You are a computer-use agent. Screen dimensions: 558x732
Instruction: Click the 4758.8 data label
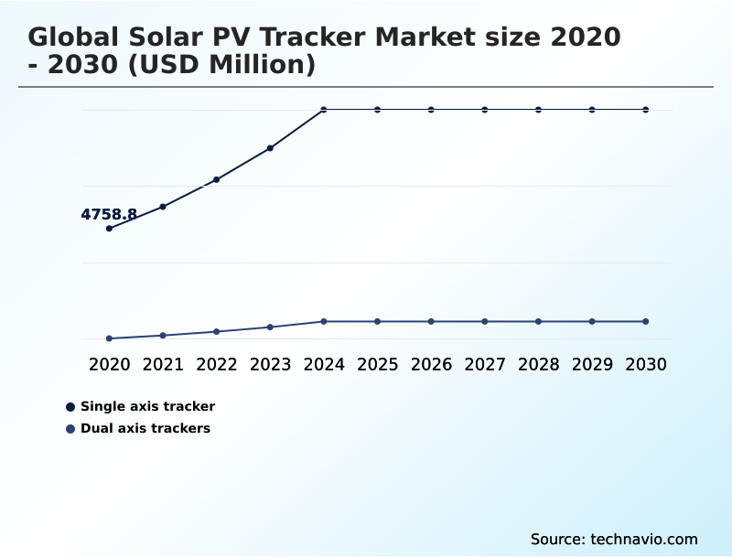pyautogui.click(x=109, y=215)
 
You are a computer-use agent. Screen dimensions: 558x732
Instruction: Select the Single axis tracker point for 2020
pyautogui.click(x=110, y=228)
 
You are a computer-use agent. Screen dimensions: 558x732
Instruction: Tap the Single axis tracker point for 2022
pyautogui.click(x=217, y=179)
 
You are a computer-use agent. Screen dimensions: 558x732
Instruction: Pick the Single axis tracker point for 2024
pyautogui.click(x=324, y=110)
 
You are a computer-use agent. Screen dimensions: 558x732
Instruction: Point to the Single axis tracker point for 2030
pyautogui.click(x=645, y=110)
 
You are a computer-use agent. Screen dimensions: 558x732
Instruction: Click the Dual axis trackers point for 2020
pyautogui.click(x=110, y=338)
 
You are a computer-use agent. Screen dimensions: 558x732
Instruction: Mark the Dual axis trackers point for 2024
pyautogui.click(x=324, y=321)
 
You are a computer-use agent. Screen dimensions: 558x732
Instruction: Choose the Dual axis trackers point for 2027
pyautogui.click(x=485, y=321)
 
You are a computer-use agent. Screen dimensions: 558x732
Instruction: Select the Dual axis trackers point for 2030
pyautogui.click(x=645, y=321)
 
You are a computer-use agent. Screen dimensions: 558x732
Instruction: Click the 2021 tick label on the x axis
pyautogui.click(x=163, y=364)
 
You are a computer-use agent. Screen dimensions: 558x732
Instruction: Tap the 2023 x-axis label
pyautogui.click(x=270, y=364)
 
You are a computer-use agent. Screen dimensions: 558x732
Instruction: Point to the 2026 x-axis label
pyautogui.click(x=431, y=364)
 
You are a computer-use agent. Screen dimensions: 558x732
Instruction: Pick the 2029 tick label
pyautogui.click(x=592, y=364)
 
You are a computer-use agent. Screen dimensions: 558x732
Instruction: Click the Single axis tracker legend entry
pyautogui.click(x=147, y=406)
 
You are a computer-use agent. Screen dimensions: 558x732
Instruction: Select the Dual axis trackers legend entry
pyautogui.click(x=145, y=428)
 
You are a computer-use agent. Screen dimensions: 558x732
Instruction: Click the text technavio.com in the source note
pyautogui.click(x=644, y=539)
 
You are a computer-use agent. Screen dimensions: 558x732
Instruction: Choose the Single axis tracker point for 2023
pyautogui.click(x=270, y=147)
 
